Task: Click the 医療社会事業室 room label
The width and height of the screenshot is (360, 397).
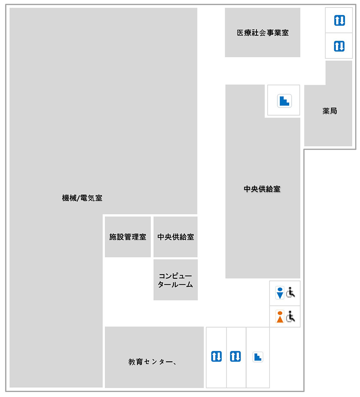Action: click(263, 33)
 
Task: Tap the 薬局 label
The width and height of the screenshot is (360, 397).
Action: click(330, 111)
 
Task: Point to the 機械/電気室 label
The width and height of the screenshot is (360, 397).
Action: click(82, 198)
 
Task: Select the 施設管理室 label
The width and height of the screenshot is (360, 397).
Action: click(128, 237)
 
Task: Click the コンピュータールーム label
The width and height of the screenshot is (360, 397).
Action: click(175, 280)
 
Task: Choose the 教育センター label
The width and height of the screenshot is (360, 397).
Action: click(151, 362)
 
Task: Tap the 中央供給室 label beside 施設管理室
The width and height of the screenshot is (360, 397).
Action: click(175, 237)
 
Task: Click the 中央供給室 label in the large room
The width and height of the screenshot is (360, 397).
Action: click(262, 189)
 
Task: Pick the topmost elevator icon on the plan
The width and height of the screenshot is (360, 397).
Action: click(340, 20)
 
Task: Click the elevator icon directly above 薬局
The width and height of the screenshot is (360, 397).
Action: click(339, 46)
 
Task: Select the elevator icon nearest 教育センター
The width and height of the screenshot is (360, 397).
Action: click(216, 356)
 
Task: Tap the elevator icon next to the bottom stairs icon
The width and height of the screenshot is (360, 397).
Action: click(235, 356)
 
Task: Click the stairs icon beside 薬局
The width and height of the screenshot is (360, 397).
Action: click(284, 101)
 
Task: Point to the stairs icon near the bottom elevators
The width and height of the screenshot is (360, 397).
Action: click(258, 357)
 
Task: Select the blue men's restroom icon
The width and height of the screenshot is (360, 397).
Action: click(280, 293)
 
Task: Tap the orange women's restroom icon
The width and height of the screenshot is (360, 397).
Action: click(280, 317)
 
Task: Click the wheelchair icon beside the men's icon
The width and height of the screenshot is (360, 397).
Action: click(291, 293)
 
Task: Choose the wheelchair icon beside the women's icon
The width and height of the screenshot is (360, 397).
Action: click(291, 316)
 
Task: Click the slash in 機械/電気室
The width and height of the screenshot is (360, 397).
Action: click(78, 198)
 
